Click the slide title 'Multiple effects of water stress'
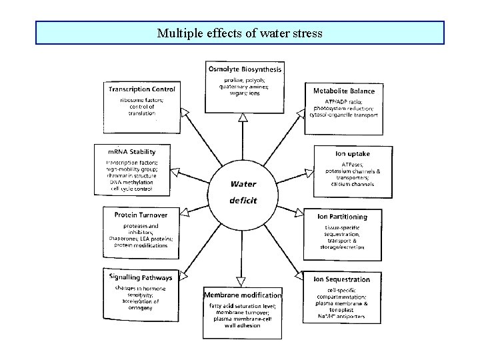tap(239, 32)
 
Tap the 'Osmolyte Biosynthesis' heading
tap(245, 69)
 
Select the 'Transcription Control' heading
tap(141, 89)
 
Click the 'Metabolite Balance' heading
tap(344, 91)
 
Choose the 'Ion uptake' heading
tap(353, 154)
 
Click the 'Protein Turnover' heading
tap(141, 215)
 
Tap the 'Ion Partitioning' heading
tap(341, 217)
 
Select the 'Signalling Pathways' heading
tap(140, 277)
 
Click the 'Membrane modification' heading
tap(243, 295)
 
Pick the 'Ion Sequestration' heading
tap(341, 279)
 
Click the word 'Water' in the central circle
tap(243, 184)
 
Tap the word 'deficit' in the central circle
tap(243, 200)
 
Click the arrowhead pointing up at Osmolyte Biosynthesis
tap(243, 118)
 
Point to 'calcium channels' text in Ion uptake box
tap(353, 184)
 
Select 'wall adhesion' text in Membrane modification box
tap(243, 331)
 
